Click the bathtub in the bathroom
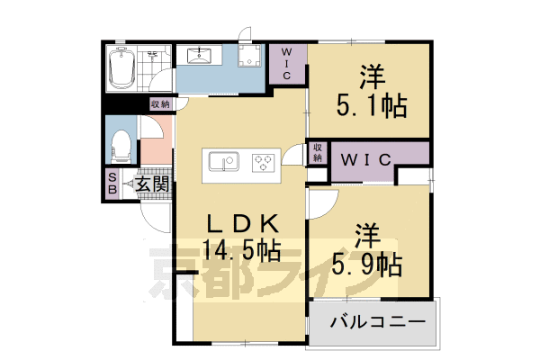[121, 68]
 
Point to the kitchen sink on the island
[221, 162]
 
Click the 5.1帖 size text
[372, 106]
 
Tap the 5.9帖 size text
[365, 265]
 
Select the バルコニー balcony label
[372, 321]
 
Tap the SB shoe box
[112, 184]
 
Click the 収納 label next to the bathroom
[160, 105]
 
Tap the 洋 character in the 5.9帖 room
[365, 233]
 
